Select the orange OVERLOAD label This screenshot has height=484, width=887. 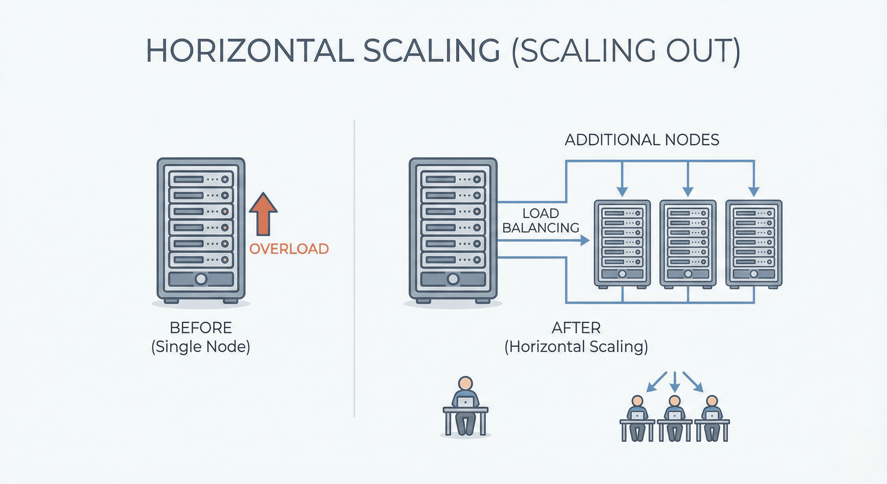tap(289, 249)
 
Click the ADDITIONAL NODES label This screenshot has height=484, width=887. tap(642, 140)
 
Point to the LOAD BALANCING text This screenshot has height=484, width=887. tap(541, 221)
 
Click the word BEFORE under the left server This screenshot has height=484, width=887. tap(201, 328)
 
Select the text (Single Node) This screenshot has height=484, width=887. tap(201, 347)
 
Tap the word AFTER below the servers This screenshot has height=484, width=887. tap(576, 328)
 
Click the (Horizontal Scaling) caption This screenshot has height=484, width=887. tap(576, 347)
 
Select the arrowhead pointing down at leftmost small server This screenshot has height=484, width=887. tap(622, 191)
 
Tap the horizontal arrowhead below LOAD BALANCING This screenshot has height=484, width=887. tap(585, 240)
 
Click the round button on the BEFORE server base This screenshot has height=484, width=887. tap(201, 279)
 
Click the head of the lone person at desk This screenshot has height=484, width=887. tap(465, 383)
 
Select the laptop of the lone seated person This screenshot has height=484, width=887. tap(465, 402)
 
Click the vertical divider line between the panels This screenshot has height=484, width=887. tap(354, 269)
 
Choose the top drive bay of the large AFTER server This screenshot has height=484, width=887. tap(452, 179)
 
